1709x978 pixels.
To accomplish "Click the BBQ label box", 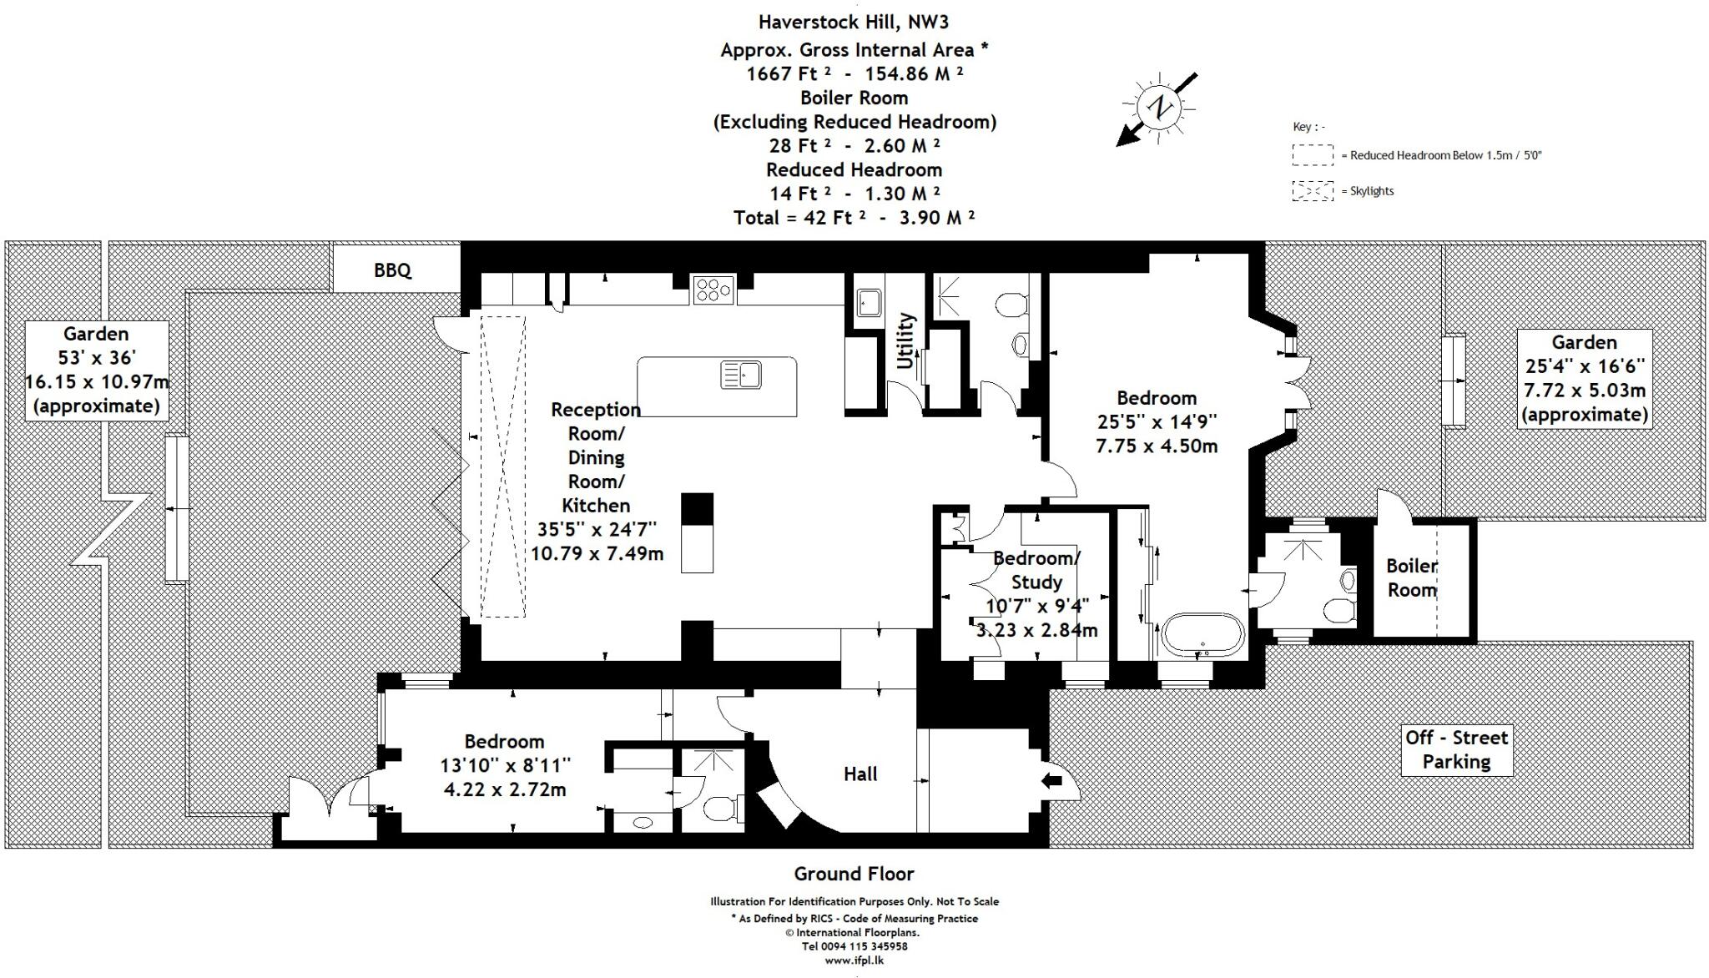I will click(393, 270).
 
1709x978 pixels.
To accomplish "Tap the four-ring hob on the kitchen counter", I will click(713, 290).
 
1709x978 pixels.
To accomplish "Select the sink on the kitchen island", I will click(741, 375).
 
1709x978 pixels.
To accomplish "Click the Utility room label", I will click(905, 340).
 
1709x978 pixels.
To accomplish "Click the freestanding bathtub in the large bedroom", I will click(1202, 633).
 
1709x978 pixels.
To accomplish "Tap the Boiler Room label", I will click(1411, 577).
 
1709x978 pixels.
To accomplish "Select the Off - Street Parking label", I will click(1456, 749).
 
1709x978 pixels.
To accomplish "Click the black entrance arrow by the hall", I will click(1053, 781).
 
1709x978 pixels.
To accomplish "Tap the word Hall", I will click(860, 774).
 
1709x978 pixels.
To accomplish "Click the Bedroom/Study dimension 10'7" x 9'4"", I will click(1037, 606).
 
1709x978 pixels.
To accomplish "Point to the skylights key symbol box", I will click(1312, 191).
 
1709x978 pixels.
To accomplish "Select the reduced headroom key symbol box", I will click(1312, 155).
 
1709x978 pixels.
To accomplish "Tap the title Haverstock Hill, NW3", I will click(854, 22).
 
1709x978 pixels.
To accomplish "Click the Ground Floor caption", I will click(854, 874).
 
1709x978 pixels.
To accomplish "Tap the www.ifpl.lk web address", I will click(854, 960).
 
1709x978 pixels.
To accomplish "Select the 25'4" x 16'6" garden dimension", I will click(1584, 365).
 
